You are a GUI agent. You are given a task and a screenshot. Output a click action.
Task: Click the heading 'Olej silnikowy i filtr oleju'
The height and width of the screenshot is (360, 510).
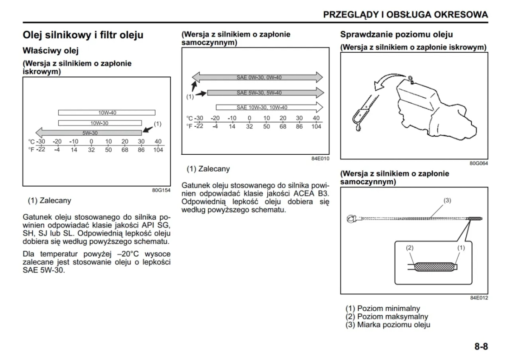point(83,35)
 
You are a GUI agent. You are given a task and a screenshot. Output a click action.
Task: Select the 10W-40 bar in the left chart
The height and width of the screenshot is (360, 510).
point(107,113)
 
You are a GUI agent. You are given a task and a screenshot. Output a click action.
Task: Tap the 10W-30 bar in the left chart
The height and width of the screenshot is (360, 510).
point(100,123)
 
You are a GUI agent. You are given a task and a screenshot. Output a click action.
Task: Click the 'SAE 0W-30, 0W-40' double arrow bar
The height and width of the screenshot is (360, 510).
point(258,77)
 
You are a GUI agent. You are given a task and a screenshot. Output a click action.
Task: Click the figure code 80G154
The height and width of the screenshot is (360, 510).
point(161,190)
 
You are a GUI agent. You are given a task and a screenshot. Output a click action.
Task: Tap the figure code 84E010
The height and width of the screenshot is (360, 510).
point(320,158)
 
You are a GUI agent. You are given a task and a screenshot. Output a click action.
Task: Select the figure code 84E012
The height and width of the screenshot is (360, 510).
point(479,298)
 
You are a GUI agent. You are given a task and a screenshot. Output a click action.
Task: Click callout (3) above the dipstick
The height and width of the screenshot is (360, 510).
point(447,200)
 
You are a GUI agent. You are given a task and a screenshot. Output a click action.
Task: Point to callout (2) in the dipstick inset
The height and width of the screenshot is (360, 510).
point(410,247)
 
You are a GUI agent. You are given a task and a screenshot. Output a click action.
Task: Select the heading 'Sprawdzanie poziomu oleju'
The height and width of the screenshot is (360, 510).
point(396,34)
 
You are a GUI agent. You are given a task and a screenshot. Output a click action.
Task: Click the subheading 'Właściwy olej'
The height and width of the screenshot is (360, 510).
point(51,51)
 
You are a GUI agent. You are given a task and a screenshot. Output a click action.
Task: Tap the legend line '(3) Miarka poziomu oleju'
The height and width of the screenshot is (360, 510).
point(388,325)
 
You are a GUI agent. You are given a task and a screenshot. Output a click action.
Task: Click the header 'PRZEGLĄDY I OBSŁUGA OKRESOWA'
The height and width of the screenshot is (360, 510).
point(405,14)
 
